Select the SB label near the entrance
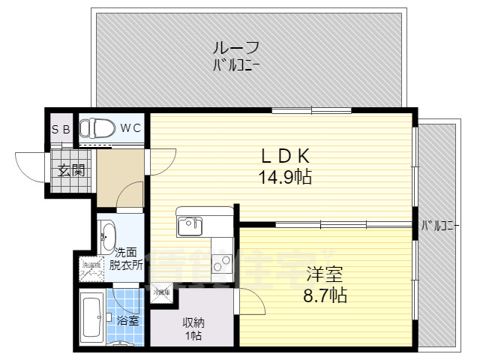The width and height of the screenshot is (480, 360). [61, 129]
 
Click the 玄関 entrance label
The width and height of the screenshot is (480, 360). [71, 170]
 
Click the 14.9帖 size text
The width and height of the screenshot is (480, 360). [285, 178]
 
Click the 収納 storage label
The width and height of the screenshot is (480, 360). [193, 322]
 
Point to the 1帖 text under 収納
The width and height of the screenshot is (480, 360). [193, 336]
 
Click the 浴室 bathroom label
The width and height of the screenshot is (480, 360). [127, 320]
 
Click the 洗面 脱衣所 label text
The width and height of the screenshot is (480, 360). [125, 259]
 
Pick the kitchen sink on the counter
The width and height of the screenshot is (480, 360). [187, 225]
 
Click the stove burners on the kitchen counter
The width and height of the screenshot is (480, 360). [222, 263]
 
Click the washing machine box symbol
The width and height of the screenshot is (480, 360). [91, 267]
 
